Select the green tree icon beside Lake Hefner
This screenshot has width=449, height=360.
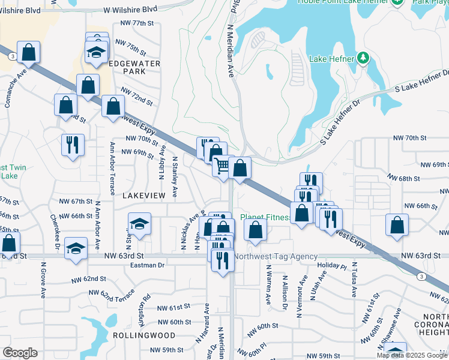363,58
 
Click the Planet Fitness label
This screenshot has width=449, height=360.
265,217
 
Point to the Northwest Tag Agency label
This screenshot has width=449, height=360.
276,256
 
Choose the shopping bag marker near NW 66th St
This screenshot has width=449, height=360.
397,225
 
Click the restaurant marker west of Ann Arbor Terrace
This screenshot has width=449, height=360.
73,144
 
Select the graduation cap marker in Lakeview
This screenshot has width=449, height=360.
139,224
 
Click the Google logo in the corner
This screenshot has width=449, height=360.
20,353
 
